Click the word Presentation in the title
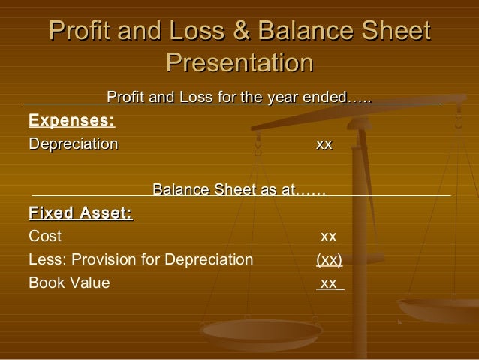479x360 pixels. [239, 62]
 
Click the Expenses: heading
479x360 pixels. [71, 120]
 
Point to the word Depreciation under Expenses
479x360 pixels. [73, 144]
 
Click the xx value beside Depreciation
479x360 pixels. [324, 144]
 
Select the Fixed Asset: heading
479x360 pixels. [80, 214]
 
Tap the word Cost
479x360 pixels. [45, 237]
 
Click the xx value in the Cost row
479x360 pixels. [328, 237]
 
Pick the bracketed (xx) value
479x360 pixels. [329, 260]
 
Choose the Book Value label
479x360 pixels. [68, 283]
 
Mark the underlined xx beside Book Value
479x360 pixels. [329, 283]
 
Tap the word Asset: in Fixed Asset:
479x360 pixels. [106, 214]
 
